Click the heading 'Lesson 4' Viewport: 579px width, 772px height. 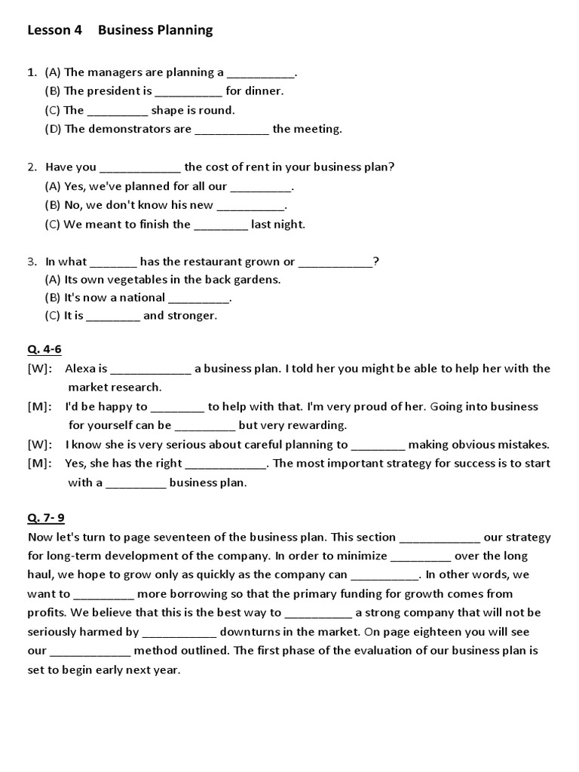(54, 30)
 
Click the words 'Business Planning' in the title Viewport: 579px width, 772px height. (155, 30)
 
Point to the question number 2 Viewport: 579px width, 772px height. (32, 167)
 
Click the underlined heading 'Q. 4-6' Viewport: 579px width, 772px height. (44, 350)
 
